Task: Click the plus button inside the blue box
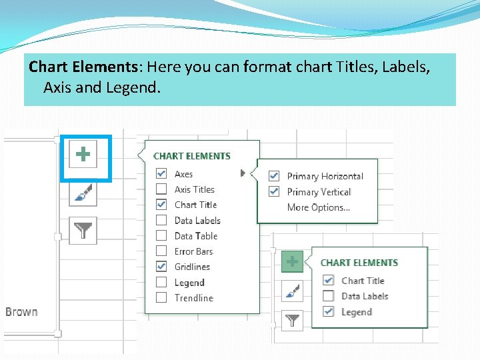tap(83, 155)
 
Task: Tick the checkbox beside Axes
tap(161, 174)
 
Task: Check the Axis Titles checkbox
tap(161, 189)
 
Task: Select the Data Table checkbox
tap(161, 235)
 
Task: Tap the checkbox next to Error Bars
tap(161, 251)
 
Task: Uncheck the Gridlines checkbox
tap(161, 267)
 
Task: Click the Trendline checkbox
tap(161, 298)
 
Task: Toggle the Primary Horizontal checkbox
tap(274, 176)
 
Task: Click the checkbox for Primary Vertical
tap(274, 192)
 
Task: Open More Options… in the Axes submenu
tap(318, 207)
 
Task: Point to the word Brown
tap(21, 312)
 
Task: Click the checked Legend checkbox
tap(328, 312)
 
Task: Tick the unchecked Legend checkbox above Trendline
tap(161, 283)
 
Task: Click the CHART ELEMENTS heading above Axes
tap(192, 156)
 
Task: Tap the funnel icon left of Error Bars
tap(83, 231)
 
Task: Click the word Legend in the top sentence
tap(132, 87)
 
